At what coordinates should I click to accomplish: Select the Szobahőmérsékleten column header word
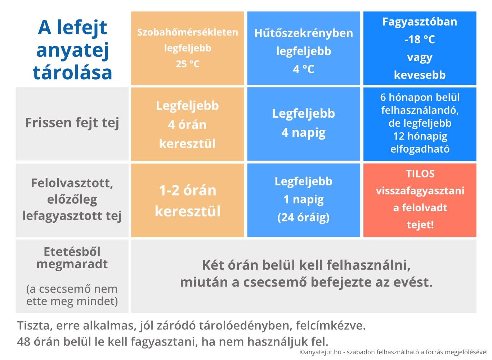pos(188,32)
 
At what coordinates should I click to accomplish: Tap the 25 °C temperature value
pos(188,64)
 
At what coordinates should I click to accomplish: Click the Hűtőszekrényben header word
pos(304,33)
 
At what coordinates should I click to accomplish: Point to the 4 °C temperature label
pos(304,69)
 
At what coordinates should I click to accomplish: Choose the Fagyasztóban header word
pos(420,22)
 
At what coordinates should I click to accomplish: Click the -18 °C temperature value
pos(420,40)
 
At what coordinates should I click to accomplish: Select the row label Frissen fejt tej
pos(72,123)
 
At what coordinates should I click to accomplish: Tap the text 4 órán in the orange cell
pos(187,125)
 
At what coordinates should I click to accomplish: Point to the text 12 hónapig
pos(420,136)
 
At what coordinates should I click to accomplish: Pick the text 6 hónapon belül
pos(420,97)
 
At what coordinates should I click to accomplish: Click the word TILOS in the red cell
pos(420,174)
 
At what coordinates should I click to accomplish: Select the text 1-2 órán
pos(188,190)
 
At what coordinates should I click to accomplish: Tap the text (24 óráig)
pos(304,217)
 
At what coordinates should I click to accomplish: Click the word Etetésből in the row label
pos(72,252)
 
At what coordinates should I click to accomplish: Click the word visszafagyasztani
pos(420,191)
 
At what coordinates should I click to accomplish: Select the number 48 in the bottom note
pos(24,342)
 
